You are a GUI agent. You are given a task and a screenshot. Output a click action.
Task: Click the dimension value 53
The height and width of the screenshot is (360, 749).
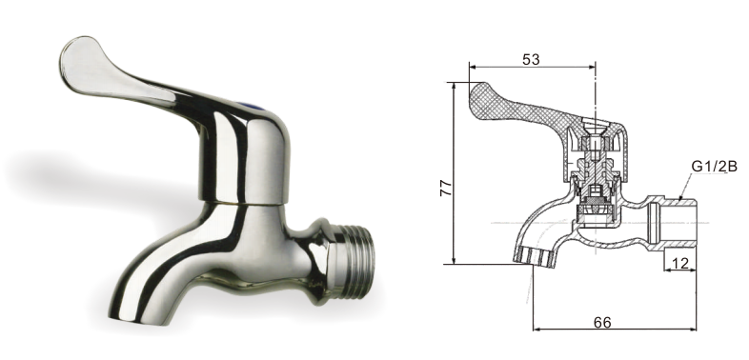click(531, 59)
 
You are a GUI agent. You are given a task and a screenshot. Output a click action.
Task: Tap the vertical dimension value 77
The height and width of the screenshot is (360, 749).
click(446, 188)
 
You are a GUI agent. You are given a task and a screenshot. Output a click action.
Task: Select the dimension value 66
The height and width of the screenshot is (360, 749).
click(602, 322)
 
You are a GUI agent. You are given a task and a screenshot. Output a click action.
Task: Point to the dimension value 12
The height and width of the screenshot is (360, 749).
click(680, 263)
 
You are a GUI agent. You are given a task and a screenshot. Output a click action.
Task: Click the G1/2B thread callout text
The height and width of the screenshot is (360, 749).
click(714, 167)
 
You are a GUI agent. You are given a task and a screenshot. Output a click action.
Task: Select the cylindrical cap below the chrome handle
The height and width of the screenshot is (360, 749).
click(245, 162)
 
